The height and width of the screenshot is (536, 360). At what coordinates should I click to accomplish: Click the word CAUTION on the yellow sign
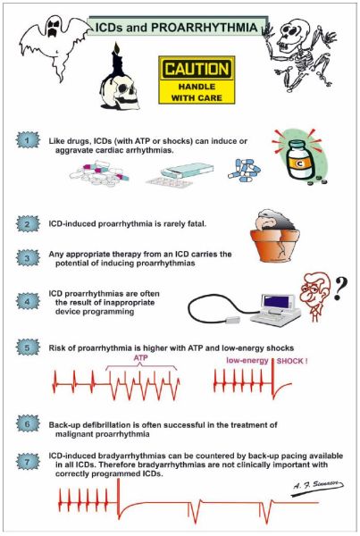pos(197,69)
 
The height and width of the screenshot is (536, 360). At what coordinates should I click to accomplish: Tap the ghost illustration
pos(54,45)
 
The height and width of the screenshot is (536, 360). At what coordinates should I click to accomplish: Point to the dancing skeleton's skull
pos(290,34)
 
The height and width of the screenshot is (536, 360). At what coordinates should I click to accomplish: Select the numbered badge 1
pos(28,140)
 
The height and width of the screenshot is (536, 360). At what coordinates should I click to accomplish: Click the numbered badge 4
pos(28,302)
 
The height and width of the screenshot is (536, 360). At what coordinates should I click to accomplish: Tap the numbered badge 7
pos(28,462)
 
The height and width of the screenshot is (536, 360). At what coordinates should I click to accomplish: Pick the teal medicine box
pos(188,170)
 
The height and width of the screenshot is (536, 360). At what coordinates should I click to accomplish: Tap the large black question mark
pos(340,289)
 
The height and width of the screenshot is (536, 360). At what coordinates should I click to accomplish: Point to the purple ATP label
pos(140,358)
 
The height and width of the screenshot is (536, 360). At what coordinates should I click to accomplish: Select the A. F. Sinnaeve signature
pos(318,485)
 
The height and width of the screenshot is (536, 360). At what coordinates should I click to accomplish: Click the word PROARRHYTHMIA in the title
pos(204,28)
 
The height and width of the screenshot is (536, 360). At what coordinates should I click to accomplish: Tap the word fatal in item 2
pos(197,224)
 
